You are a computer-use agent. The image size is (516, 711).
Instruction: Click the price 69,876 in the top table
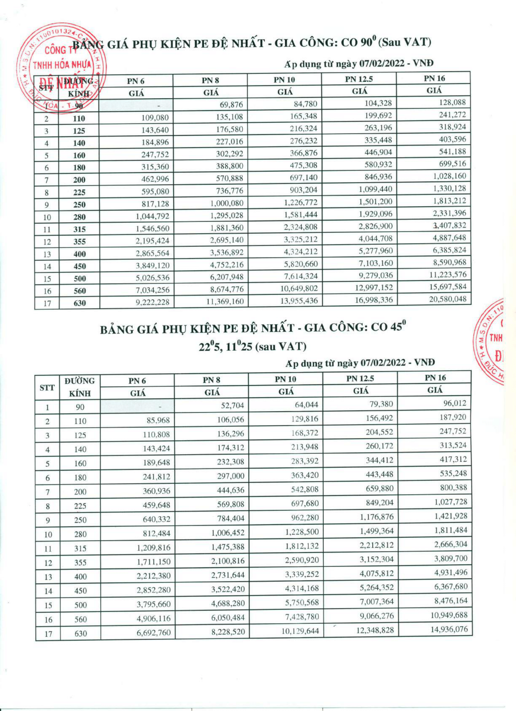(231, 105)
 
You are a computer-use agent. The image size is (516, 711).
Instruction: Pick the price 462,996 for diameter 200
(152, 179)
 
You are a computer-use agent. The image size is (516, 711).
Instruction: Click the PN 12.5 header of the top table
(359, 79)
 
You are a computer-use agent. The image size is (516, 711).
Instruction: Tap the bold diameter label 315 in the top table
(79, 230)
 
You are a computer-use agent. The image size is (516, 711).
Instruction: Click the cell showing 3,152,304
(376, 559)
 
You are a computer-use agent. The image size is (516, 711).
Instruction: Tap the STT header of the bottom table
(47, 388)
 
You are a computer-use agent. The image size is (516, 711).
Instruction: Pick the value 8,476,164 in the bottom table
(450, 601)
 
